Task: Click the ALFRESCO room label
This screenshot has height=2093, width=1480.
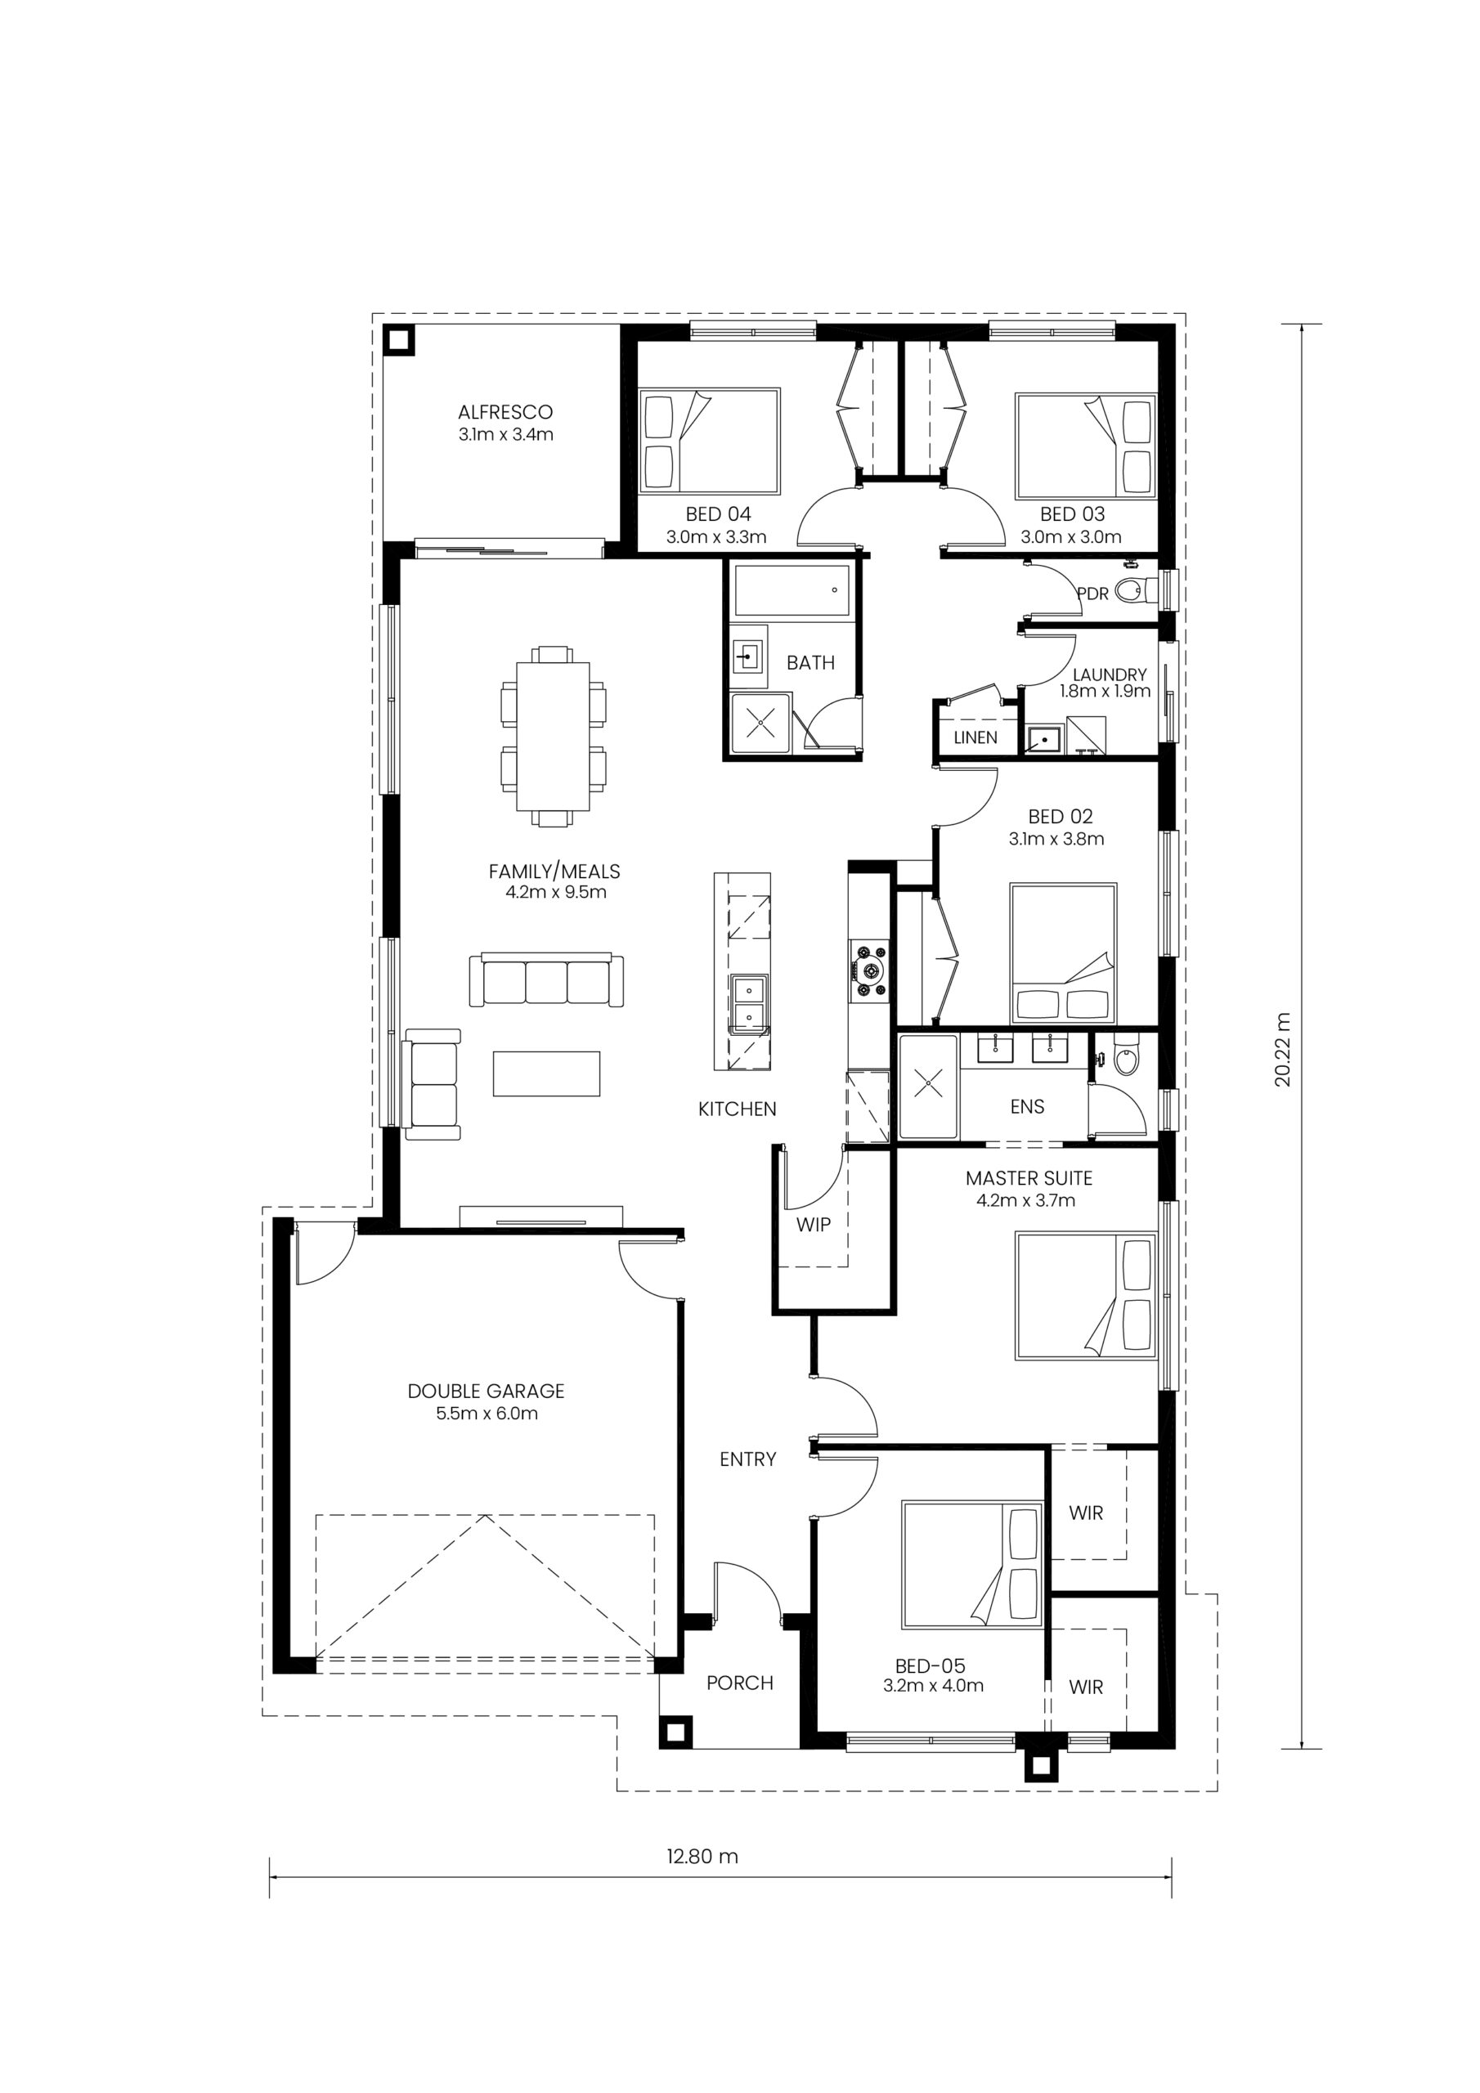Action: [x=505, y=412]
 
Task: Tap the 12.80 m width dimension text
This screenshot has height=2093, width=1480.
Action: [x=702, y=1856]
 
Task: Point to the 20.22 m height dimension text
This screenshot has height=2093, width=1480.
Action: [x=1284, y=1048]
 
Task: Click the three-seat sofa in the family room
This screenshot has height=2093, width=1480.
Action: [x=547, y=980]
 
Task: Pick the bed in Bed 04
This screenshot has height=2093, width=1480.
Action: [x=710, y=441]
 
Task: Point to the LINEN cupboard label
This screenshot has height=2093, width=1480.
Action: [x=975, y=737]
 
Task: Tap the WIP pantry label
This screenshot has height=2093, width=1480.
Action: [x=814, y=1224]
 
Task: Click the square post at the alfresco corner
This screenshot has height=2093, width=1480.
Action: [x=397, y=340]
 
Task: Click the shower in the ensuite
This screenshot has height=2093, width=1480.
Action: [x=928, y=1086]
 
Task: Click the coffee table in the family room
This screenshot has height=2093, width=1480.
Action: [x=547, y=1073]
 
